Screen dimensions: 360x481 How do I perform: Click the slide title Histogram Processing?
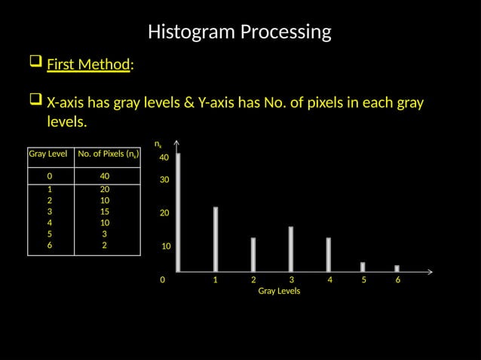click(240, 32)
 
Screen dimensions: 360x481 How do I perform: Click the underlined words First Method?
click(88, 65)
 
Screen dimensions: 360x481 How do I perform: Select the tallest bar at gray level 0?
click(178, 212)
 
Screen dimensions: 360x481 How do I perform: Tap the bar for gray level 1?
click(216, 239)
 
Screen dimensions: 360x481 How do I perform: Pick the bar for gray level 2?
click(253, 255)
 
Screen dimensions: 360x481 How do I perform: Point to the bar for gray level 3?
click(291, 249)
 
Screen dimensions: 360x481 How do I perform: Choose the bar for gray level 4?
click(329, 255)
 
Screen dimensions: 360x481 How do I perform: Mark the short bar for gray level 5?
click(363, 267)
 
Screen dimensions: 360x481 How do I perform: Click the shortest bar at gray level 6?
click(397, 268)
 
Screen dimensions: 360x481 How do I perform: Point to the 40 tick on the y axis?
click(164, 158)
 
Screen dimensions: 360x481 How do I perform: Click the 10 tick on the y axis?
click(167, 247)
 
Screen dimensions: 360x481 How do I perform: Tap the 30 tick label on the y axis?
click(164, 181)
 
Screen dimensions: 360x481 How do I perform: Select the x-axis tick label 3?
click(292, 279)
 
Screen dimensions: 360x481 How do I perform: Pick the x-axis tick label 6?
click(398, 279)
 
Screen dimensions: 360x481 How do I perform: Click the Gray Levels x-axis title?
click(279, 291)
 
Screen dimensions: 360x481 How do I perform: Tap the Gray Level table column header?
click(48, 154)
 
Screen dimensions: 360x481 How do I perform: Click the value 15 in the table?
click(105, 212)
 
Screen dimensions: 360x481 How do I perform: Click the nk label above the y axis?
click(158, 143)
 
